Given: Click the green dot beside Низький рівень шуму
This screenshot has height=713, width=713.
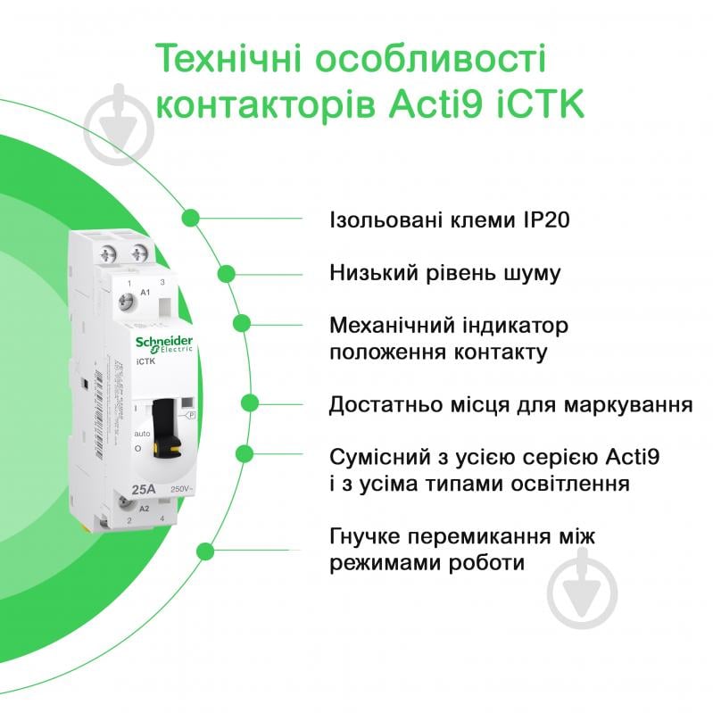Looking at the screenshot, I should (227, 273).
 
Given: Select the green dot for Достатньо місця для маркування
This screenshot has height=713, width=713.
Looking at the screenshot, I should (251, 403).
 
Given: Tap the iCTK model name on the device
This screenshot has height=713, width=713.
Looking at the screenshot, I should (146, 361).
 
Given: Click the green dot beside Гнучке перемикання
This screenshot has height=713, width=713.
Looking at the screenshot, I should (203, 551).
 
